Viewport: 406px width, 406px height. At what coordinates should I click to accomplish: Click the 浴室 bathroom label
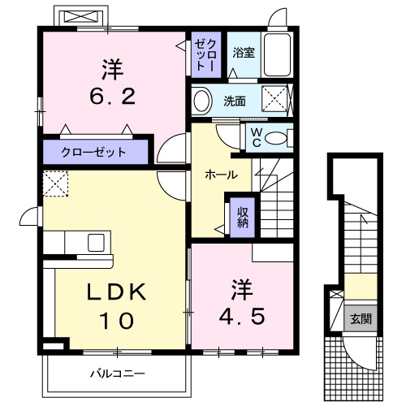[243, 54]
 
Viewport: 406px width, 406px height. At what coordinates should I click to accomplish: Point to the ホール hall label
[221, 175]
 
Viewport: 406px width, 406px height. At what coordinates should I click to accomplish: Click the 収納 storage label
[243, 217]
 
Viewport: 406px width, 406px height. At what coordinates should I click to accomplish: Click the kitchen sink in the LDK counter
[96, 243]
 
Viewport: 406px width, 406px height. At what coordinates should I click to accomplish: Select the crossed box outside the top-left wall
[80, 17]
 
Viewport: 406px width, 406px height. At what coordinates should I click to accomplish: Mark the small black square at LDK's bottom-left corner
[50, 345]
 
